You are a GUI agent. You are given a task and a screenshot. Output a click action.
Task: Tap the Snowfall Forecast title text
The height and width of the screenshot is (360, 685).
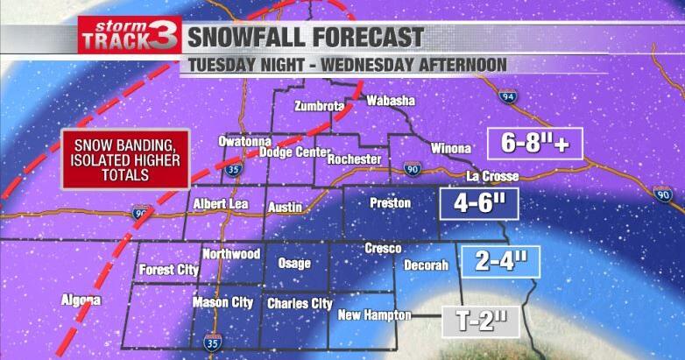pos(307,38)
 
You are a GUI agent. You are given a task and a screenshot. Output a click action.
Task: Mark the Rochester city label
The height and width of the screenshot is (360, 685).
pos(354,159)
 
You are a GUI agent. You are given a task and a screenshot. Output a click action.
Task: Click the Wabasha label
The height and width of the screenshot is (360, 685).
pos(390,101)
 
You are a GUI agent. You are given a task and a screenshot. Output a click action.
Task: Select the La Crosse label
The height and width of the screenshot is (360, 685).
pos(493,176)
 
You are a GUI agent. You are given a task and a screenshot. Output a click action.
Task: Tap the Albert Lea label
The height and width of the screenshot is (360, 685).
pos(220,204)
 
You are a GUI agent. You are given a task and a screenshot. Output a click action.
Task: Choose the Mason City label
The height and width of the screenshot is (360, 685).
pos(222,303)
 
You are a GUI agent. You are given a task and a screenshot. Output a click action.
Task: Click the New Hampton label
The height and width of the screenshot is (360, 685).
pos(374,315)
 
